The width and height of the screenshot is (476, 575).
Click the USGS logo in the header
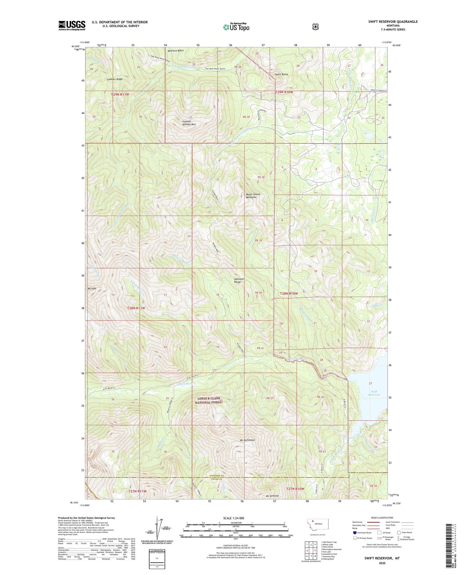click(x=72, y=25)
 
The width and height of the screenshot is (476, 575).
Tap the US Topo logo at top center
click(x=236, y=27)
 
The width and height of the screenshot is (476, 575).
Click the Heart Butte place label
click(x=281, y=74)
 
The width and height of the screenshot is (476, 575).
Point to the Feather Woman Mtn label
click(x=189, y=123)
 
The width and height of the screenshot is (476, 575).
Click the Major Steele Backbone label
click(x=251, y=196)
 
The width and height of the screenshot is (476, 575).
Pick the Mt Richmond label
click(x=247, y=440)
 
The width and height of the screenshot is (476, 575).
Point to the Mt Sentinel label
click(x=272, y=496)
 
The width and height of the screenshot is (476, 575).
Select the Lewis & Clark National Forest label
click(x=209, y=400)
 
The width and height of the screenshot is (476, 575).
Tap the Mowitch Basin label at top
click(x=175, y=50)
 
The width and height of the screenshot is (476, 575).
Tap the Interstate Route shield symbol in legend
click(x=354, y=533)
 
